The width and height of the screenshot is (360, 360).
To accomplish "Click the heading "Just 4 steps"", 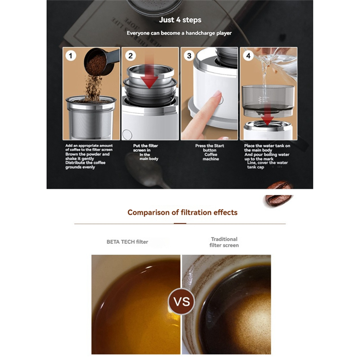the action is pos(180,20).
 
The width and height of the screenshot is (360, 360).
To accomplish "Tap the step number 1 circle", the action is pos(71,56).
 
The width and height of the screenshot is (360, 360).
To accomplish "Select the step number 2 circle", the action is pos(130,56).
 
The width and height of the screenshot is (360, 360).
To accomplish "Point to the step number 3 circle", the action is pos(189,56).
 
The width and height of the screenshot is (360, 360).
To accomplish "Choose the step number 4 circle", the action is pos(248,56).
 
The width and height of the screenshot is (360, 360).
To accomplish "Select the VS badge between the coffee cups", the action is pos(182,301).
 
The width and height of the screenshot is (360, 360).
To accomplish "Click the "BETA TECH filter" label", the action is pos(127,242).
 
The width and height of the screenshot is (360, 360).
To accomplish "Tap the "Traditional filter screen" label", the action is pos(224,242).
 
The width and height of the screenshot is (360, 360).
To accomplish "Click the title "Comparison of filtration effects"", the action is pos(182,212).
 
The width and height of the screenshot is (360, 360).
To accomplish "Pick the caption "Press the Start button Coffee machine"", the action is pos(210,152).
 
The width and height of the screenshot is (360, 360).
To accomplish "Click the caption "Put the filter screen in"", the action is pos(145,148).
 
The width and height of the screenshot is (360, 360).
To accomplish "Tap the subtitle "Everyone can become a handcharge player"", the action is pos(179,33).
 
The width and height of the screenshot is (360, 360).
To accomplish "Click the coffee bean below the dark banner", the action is pos(278,200).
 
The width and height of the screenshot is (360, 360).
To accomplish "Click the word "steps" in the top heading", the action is pos(192,20).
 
